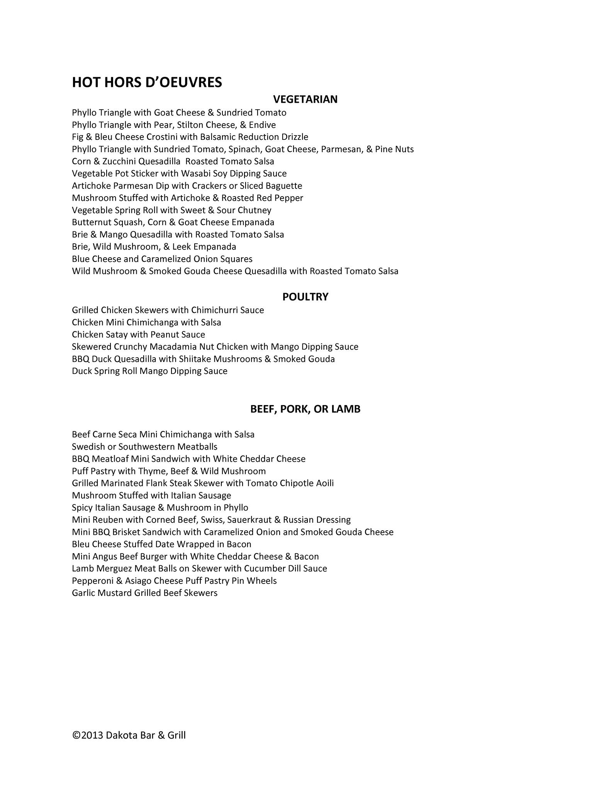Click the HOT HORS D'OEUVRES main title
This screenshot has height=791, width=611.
(147, 82)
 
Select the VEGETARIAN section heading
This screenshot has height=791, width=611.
(305, 99)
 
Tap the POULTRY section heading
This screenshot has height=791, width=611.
(305, 297)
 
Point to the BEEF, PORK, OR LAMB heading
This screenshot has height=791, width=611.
(305, 409)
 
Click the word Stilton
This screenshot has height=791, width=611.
(190, 125)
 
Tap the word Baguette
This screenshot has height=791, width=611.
(284, 186)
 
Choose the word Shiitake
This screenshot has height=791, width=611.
(195, 359)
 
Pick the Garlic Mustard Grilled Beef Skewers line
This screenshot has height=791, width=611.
(144, 593)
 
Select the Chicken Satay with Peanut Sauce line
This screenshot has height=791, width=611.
(138, 334)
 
